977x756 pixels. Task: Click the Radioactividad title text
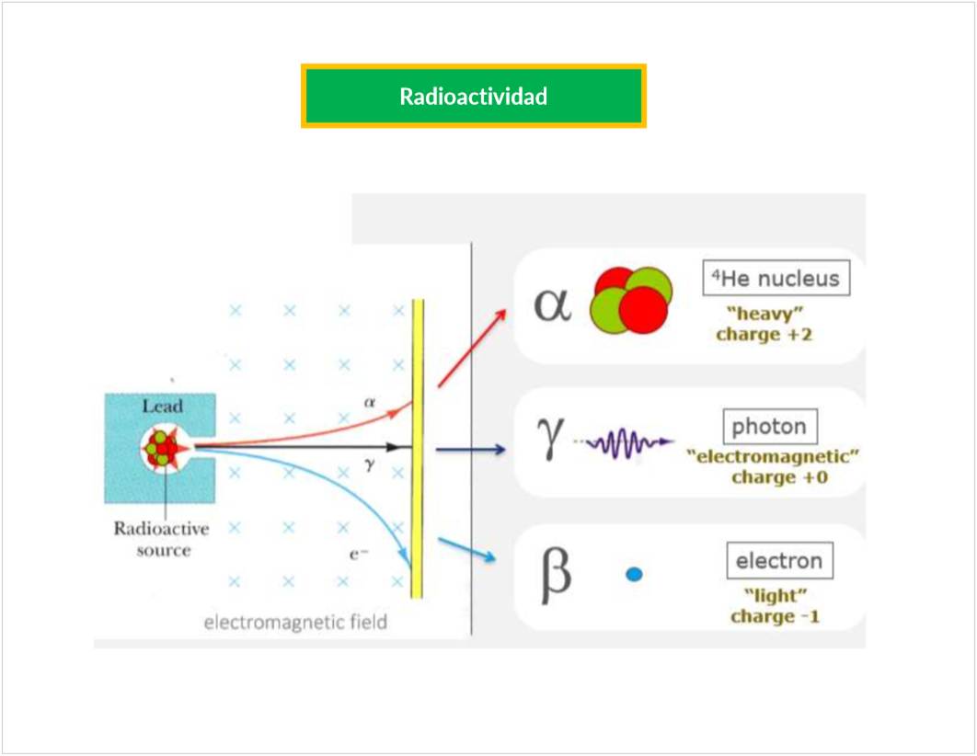tap(473, 96)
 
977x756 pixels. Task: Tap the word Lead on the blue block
tap(162, 406)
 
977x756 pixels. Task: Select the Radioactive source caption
tap(161, 540)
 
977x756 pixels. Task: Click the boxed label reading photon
tap(769, 427)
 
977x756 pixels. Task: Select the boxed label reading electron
tap(779, 561)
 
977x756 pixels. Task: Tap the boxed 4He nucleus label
tap(776, 279)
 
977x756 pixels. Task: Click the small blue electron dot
tap(634, 575)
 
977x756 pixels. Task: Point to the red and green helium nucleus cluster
tap(632, 299)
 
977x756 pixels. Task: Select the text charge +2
tap(764, 334)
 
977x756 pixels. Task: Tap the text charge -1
tap(774, 615)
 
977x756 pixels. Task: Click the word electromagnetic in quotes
tap(773, 456)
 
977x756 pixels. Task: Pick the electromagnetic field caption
tap(295, 623)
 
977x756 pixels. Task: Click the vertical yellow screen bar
tap(417, 448)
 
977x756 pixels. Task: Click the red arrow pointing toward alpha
tap(471, 347)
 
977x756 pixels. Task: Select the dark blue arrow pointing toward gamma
tap(470, 450)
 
